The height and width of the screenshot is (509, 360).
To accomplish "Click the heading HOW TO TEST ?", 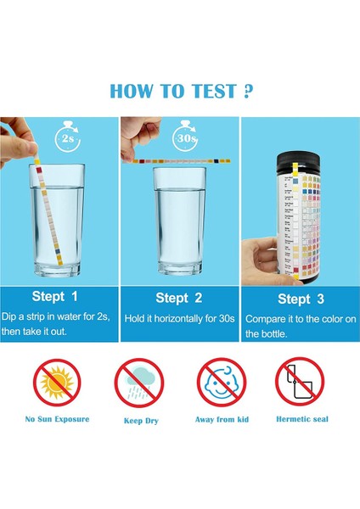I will coord(180,91).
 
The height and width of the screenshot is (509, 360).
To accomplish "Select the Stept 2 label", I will coord(178,298).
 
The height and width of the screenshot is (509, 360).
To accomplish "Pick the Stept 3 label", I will coord(301,299).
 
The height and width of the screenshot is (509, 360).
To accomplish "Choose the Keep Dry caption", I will coord(138,419).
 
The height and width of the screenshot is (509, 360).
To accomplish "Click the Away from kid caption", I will coord(221,419).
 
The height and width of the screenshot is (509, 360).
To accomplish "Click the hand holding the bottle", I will coord(259,255).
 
